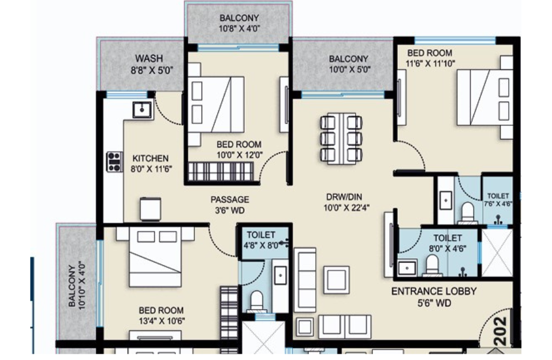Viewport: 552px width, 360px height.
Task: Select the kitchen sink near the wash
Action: pos(142,108)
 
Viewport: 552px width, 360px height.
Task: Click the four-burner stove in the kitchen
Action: pos(114,162)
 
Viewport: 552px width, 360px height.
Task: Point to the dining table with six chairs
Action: pos(341,138)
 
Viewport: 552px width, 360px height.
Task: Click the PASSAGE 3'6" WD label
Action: pos(229,205)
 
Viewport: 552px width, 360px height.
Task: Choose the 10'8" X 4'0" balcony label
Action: pos(239,24)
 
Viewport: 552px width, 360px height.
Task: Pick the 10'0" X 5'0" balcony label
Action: pos(348,64)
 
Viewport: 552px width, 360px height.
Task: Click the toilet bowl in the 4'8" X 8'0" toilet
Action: pos(256,301)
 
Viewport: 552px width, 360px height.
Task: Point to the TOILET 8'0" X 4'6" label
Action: pos(447,243)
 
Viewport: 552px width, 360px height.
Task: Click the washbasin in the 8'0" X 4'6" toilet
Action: pos(408,267)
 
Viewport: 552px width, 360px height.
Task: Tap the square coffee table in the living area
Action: pos(335,279)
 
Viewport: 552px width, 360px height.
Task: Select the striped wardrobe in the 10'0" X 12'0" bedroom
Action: pos(221,172)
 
